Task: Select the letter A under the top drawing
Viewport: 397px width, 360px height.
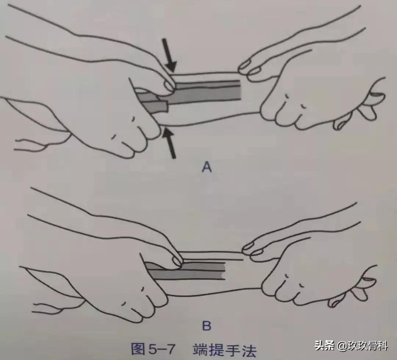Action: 207,168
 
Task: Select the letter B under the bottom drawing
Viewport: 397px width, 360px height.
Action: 207,325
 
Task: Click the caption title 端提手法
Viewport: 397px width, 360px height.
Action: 224,348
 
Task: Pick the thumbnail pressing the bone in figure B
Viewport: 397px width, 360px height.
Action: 178,261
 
